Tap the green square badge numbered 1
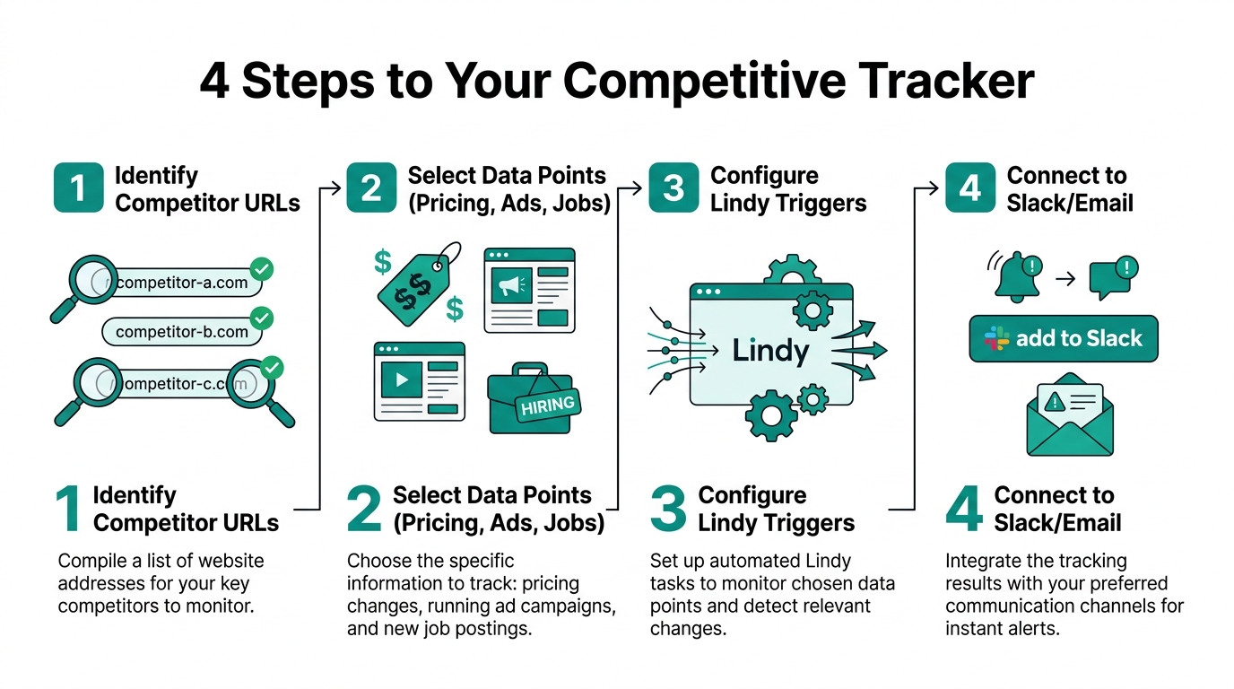coord(78,188)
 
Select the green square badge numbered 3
coord(673,188)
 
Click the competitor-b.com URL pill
coord(182,332)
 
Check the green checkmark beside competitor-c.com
coord(272,368)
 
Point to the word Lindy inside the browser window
coord(770,350)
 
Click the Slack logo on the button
coord(996,338)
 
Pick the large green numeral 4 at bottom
coord(963,509)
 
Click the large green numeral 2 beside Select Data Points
coord(364,509)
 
